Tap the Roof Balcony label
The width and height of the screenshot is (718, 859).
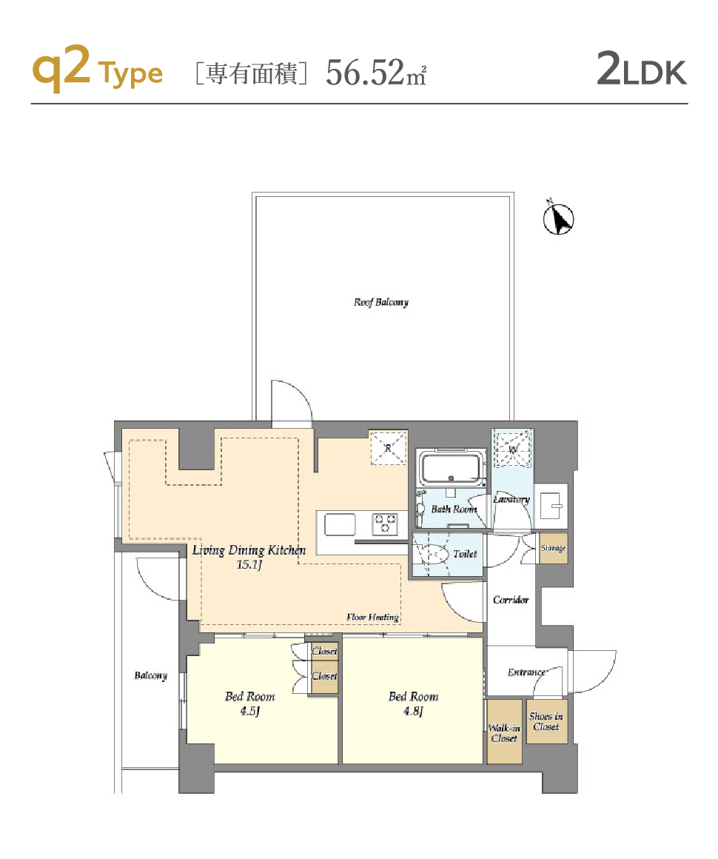(381, 302)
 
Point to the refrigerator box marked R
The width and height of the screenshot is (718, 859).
(389, 447)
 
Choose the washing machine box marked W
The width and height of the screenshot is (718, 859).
(513, 448)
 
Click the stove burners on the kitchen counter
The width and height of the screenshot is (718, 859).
(385, 524)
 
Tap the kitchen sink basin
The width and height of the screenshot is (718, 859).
(340, 524)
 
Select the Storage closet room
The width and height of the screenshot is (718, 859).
(553, 548)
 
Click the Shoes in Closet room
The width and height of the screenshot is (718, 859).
(546, 721)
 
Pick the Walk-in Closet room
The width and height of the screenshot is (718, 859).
(504, 732)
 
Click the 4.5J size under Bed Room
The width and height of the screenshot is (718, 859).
(249, 711)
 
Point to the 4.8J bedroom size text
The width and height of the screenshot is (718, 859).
(414, 711)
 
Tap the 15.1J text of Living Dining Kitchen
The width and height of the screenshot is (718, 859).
(249, 564)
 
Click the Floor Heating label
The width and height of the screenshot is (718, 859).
(372, 617)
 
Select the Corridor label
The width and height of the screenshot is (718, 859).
(511, 600)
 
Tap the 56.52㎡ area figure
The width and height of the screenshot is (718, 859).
(376, 73)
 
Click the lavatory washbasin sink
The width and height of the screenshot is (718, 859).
(551, 506)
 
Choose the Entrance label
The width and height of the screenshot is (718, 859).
(526, 672)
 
